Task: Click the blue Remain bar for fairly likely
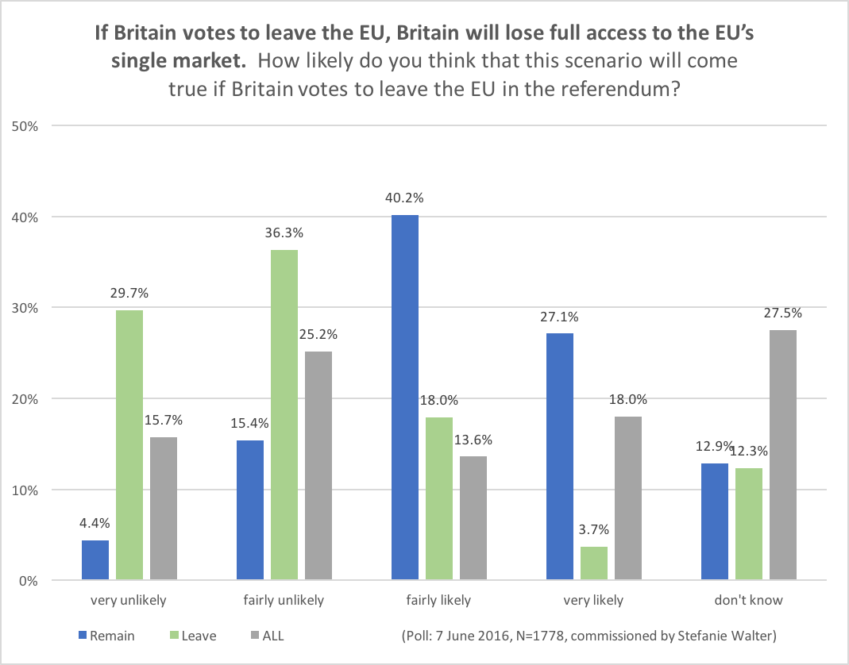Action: click(x=405, y=398)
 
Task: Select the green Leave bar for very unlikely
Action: click(x=129, y=445)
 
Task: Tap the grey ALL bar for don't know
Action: click(x=783, y=456)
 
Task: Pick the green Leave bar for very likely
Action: click(x=595, y=563)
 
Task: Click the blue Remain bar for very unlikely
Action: click(x=95, y=560)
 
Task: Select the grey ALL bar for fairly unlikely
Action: click(x=318, y=466)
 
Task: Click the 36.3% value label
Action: click(x=284, y=234)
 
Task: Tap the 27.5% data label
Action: click(x=783, y=313)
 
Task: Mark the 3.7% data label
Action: click(x=595, y=530)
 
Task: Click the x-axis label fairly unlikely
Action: click(x=284, y=600)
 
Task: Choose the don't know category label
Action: click(x=750, y=600)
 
